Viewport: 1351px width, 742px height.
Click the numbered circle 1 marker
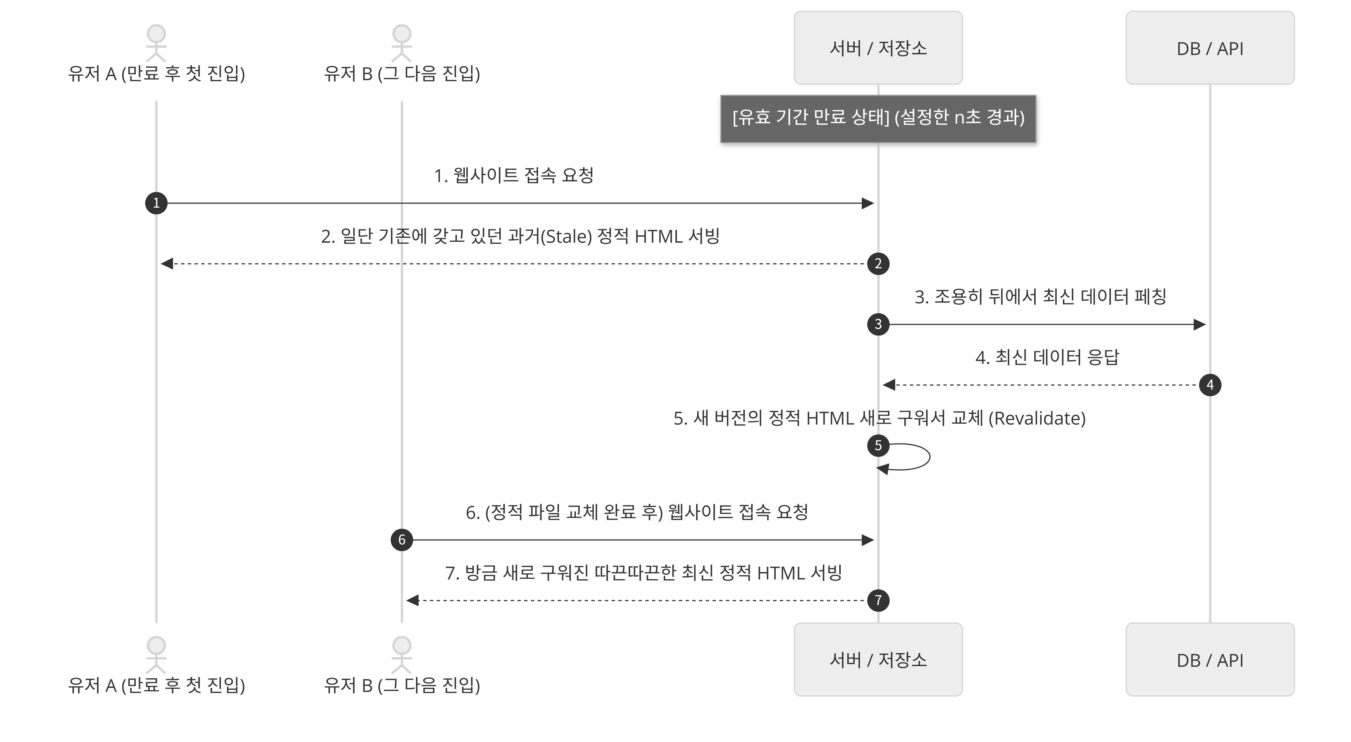[156, 203]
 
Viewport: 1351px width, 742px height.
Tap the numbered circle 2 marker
[878, 263]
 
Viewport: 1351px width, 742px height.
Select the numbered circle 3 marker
[878, 324]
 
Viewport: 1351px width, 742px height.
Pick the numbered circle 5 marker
[878, 445]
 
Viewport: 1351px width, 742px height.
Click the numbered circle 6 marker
[402, 539]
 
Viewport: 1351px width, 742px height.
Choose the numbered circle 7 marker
[878, 600]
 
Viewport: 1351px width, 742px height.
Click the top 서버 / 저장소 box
[878, 48]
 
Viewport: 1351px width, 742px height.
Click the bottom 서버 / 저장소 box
[878, 660]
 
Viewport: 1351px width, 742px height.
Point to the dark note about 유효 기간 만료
[878, 119]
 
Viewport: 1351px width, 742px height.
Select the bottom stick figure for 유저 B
[402, 655]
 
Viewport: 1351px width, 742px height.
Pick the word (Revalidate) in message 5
[1037, 418]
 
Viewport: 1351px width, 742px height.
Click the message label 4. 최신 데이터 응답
[1047, 357]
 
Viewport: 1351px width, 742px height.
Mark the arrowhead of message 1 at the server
[868, 203]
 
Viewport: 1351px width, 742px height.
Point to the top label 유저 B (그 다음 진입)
[402, 73]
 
